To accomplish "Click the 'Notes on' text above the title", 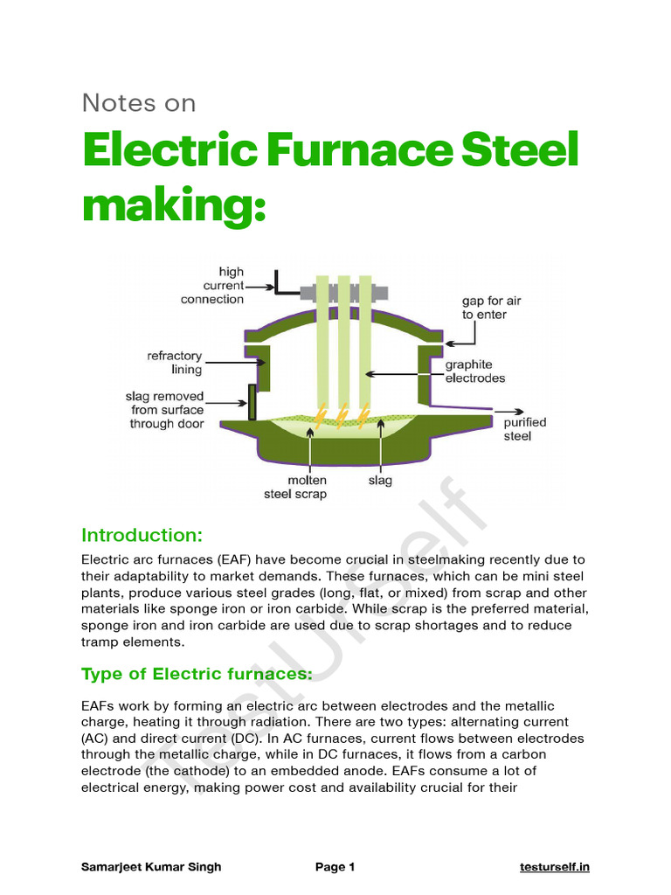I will (139, 103).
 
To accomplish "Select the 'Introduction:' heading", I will (142, 535).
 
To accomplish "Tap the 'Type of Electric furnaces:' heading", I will (197, 674).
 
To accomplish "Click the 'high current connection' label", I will (212, 286).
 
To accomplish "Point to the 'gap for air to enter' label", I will (491, 308).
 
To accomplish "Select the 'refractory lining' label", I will (175, 364).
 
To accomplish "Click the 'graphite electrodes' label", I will (475, 371).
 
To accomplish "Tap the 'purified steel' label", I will (524, 428).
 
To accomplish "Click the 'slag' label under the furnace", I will (380, 481).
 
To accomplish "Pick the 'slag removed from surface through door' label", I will (165, 410).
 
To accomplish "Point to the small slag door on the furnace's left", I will (252, 402).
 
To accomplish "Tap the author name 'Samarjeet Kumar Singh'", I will (151, 867).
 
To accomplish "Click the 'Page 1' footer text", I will (335, 867).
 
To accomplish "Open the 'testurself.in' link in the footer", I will (554, 867).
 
